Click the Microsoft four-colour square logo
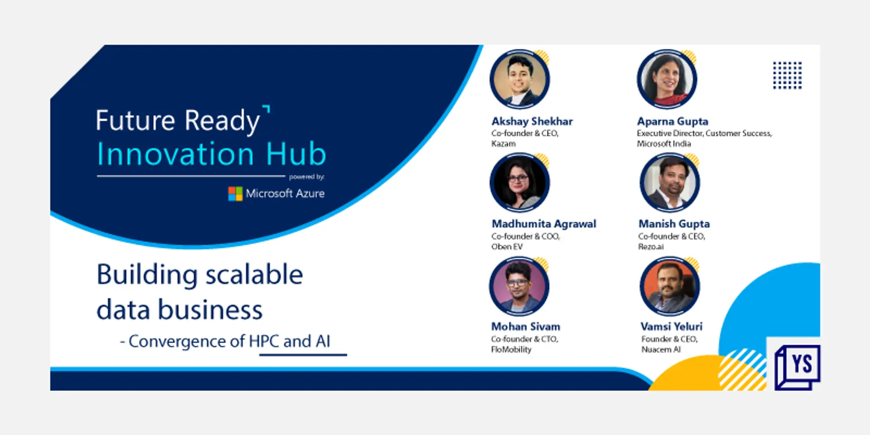(235, 194)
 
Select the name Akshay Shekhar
(532, 121)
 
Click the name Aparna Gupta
(672, 121)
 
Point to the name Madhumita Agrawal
(544, 224)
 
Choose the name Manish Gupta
(674, 224)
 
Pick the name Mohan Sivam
(526, 327)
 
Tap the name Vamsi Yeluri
(672, 327)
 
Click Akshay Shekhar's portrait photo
(520, 79)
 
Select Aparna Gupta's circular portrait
(667, 79)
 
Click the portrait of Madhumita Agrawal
(520, 183)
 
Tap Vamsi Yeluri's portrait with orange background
(669, 286)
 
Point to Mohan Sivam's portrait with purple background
(519, 286)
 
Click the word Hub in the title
(296, 154)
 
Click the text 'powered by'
(307, 177)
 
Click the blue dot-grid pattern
(787, 75)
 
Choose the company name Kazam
(503, 144)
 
